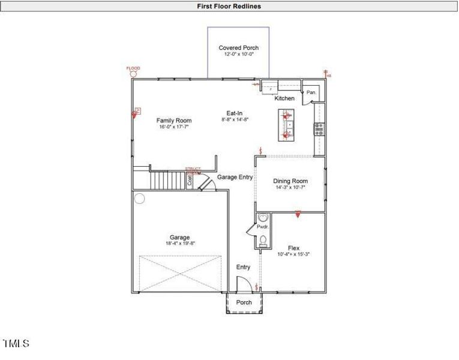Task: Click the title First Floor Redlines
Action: [229, 6]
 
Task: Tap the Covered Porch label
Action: [238, 47]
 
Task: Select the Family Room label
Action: [174, 120]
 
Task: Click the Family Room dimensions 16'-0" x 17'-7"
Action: [174, 127]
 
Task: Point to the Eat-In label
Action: [235, 113]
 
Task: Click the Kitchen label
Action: [284, 98]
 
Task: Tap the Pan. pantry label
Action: [311, 92]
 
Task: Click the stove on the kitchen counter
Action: [319, 128]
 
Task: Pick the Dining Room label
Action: [290, 181]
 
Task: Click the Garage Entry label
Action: [235, 177]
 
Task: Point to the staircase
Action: [166, 180]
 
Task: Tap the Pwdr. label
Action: [262, 227]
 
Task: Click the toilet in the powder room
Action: [263, 241]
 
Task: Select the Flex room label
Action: [293, 247]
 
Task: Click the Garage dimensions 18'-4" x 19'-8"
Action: [179, 244]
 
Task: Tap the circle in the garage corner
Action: [139, 199]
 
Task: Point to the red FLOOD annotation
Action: [133, 68]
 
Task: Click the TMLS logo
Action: [16, 343]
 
